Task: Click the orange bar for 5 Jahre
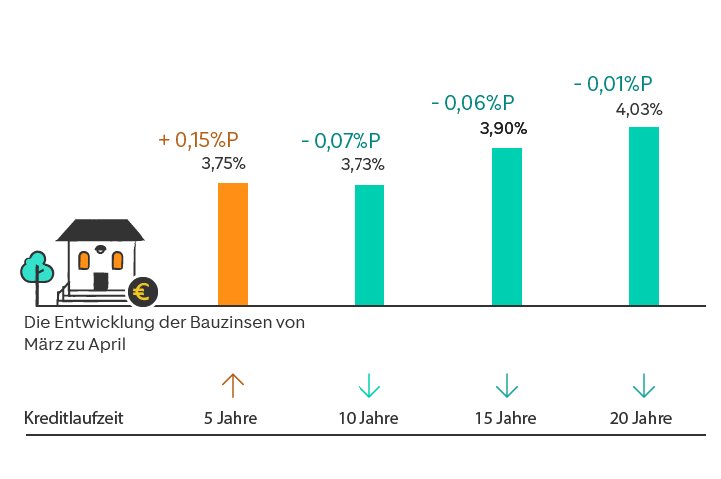pos(233,243)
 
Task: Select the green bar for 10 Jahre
pos(369,244)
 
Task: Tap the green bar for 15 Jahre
pos(507,227)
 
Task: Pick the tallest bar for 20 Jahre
pos(644,216)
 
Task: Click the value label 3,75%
pos(223,164)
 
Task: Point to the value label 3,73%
pos(362,165)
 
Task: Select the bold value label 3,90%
pos(504,128)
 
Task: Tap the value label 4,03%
pos(639,109)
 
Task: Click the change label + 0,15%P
pos(199,140)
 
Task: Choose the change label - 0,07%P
pos(341,141)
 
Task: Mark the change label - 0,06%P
pos(473,103)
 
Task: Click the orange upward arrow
pos(232,385)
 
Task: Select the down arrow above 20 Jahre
pos(644,385)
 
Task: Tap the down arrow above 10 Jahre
pos(369,385)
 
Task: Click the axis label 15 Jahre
pos(506,418)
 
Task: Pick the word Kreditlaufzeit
pos(73,418)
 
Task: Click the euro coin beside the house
pos(143,291)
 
